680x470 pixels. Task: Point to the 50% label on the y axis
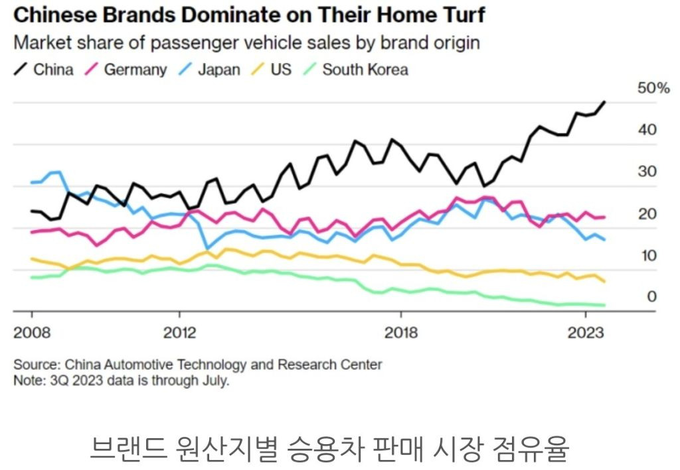coord(653,88)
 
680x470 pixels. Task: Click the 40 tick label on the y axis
coord(647,130)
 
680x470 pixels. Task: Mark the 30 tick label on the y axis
coord(647,172)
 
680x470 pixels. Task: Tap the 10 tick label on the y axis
coord(647,255)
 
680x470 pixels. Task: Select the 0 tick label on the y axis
coord(651,297)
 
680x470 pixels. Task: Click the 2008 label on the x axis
coord(32,332)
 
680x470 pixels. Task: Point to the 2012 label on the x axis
coord(179,332)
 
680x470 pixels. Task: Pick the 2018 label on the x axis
coord(400,332)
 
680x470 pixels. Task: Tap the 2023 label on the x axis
coord(585,332)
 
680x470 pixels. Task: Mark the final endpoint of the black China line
coord(604,102)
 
